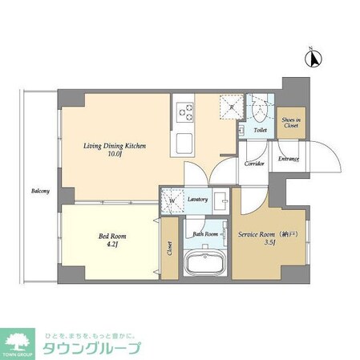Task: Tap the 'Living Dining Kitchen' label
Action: (x=114, y=146)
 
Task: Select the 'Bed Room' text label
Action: (x=113, y=237)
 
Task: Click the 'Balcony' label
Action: (x=40, y=191)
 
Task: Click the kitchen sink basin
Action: (x=184, y=144)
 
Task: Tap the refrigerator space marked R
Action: (x=233, y=107)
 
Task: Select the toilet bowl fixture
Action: (x=260, y=108)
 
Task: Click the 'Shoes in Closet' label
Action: (x=291, y=122)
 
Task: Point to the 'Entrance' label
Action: (x=289, y=159)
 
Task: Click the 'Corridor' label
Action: (x=255, y=163)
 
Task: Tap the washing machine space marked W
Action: (x=172, y=200)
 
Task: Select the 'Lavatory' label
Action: (x=199, y=200)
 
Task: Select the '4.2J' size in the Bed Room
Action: (x=113, y=246)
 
